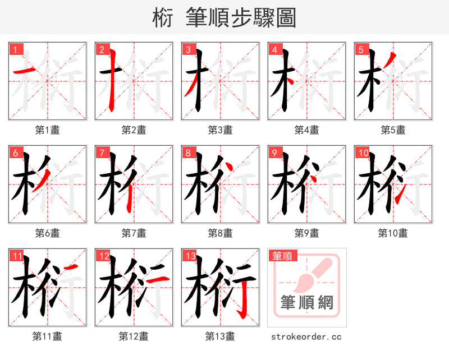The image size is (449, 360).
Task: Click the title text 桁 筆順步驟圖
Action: click(x=224, y=18)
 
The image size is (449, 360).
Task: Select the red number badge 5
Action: click(x=361, y=50)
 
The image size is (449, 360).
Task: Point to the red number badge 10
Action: click(x=363, y=153)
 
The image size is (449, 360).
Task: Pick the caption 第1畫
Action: click(x=48, y=130)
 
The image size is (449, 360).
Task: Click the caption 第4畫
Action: click(x=307, y=130)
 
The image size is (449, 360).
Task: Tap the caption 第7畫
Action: click(x=134, y=233)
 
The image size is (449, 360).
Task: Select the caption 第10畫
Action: click(x=393, y=233)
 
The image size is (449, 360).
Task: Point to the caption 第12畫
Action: click(x=134, y=336)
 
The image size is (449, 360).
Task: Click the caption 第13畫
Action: click(x=220, y=336)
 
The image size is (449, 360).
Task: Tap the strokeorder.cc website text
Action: click(x=306, y=336)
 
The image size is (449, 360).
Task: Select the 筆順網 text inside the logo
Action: click(x=307, y=303)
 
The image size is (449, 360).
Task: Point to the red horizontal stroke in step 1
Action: click(x=24, y=71)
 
